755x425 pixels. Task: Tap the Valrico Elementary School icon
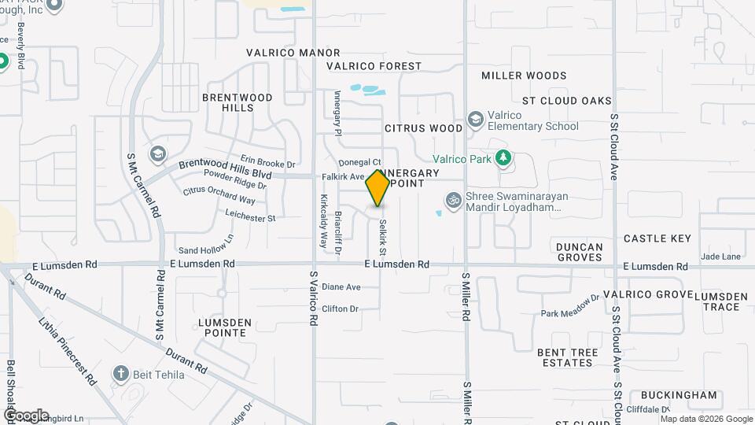pyautogui.click(x=475, y=119)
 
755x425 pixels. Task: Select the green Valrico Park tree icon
pyautogui.click(x=503, y=159)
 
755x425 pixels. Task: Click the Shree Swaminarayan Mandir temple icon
pyautogui.click(x=452, y=201)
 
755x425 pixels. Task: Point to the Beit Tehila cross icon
pyautogui.click(x=120, y=374)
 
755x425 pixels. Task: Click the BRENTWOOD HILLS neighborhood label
pyautogui.click(x=237, y=102)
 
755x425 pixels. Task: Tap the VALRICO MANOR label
pyautogui.click(x=282, y=53)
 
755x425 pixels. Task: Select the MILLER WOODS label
pyautogui.click(x=524, y=76)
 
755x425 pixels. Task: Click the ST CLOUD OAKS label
pyautogui.click(x=567, y=101)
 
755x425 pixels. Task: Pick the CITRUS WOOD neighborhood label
pyautogui.click(x=424, y=128)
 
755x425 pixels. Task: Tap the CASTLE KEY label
pyautogui.click(x=657, y=238)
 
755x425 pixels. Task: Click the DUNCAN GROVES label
pyautogui.click(x=580, y=252)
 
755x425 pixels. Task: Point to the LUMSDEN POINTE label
pyautogui.click(x=224, y=328)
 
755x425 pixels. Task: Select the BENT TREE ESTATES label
pyautogui.click(x=565, y=357)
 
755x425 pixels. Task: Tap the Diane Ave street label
pyautogui.click(x=341, y=287)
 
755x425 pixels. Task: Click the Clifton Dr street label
pyautogui.click(x=340, y=309)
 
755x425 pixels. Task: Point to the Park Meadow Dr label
pyautogui.click(x=570, y=305)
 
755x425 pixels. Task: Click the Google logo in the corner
pyautogui.click(x=26, y=415)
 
